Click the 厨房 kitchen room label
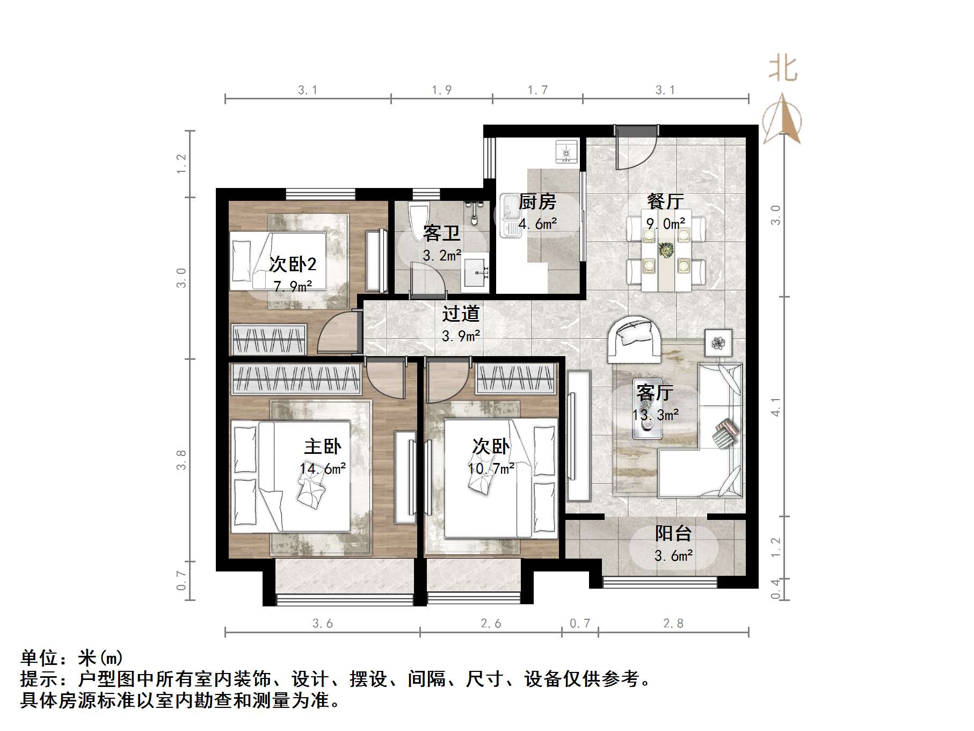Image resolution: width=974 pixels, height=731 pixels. [537, 202]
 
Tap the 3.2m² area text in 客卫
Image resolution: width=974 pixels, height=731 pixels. [442, 256]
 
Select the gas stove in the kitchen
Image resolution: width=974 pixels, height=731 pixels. [566, 151]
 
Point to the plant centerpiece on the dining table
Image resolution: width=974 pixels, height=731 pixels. [666, 250]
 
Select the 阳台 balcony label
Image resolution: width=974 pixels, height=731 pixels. [673, 533]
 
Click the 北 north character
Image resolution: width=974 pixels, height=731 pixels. [783, 70]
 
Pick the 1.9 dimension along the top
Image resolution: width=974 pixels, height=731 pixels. [441, 90]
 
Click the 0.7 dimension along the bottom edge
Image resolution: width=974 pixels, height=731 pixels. [579, 624]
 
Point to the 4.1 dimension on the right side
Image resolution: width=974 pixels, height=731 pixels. [775, 407]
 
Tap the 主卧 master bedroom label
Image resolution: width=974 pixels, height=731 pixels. [322, 446]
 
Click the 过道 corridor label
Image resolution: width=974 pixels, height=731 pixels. [460, 314]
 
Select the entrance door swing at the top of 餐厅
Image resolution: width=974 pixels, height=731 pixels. [635, 149]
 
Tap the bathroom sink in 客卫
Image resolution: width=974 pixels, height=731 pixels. [476, 273]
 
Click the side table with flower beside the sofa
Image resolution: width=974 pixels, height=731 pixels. [718, 342]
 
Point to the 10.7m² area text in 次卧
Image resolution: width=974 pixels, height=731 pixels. [491, 469]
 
